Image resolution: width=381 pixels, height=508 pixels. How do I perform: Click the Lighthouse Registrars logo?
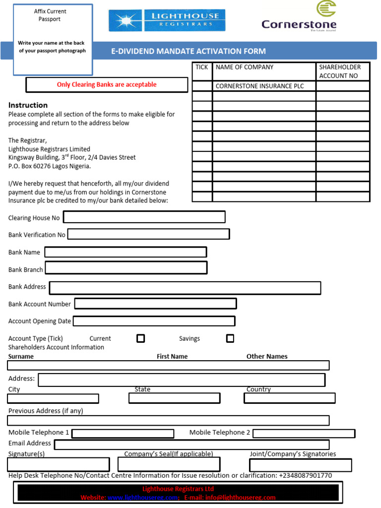tap(167, 20)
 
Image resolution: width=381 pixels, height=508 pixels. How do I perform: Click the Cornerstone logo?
tap(299, 17)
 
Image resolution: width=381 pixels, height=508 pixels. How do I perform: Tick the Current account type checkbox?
tap(140, 338)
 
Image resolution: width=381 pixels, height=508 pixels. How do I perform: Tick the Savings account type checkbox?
tap(230, 338)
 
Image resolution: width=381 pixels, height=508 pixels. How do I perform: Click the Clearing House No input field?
tap(144, 217)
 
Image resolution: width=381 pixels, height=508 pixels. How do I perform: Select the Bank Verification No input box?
tap(148, 234)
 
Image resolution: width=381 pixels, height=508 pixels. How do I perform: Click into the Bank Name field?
tap(126, 252)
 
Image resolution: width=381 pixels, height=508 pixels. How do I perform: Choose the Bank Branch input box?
tap(126, 268)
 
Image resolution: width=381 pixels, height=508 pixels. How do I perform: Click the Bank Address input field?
tap(185, 288)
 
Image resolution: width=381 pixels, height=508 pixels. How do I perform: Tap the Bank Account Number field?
tap(155, 304)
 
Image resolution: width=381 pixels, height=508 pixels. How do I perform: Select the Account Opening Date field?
tap(154, 321)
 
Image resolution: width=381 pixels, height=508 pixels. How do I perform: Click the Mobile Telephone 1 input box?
tap(123, 434)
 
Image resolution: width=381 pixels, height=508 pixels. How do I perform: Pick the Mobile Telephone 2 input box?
tap(304, 434)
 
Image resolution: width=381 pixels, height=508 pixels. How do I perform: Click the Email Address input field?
tap(191, 444)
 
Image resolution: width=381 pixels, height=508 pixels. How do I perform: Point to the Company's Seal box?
tap(169, 464)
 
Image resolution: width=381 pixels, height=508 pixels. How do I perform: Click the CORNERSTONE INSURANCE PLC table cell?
tap(264, 86)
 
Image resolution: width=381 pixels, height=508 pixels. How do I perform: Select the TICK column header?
tap(202, 67)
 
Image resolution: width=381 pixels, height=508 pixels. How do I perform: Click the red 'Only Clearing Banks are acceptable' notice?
tap(107, 85)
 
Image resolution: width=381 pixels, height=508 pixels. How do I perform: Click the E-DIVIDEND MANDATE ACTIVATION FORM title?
tap(188, 51)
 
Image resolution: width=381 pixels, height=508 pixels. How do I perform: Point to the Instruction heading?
tap(28, 105)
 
